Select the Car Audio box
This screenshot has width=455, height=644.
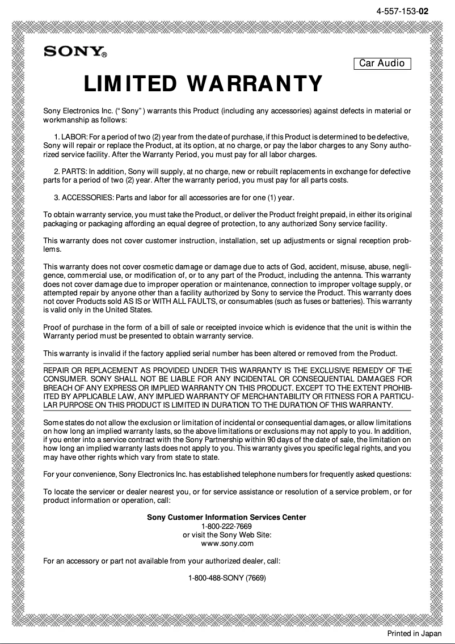[x=382, y=63]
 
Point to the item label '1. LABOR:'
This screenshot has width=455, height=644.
[x=70, y=137]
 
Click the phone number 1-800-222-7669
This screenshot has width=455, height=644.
[x=227, y=526]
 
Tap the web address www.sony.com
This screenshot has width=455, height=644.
[x=227, y=544]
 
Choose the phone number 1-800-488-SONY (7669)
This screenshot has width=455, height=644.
[x=227, y=578]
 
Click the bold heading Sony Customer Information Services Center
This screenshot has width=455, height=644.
[x=227, y=517]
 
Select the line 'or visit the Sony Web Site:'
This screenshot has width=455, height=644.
[x=227, y=535]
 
